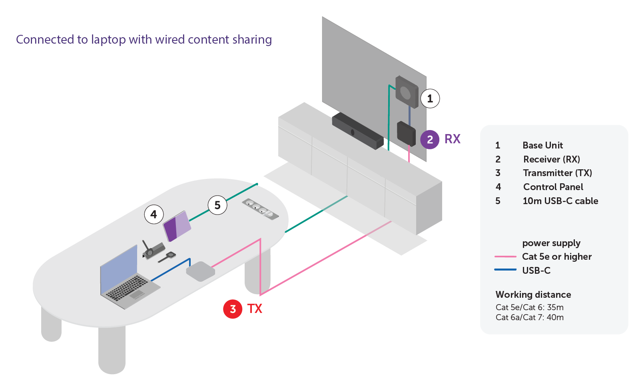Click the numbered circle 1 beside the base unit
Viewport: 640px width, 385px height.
[x=430, y=99]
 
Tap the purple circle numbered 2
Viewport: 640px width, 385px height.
[x=430, y=140]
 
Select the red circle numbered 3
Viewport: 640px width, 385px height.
[x=233, y=309]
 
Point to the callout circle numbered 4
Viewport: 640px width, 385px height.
[x=154, y=214]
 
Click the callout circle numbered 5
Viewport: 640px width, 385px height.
[x=217, y=205]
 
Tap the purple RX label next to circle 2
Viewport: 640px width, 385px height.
[x=453, y=139]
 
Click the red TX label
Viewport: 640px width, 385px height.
[x=255, y=309]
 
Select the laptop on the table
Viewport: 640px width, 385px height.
[x=129, y=277]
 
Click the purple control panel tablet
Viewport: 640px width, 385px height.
[x=177, y=226]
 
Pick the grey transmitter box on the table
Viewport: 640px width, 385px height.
[x=201, y=271]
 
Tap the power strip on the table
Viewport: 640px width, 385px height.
[x=260, y=209]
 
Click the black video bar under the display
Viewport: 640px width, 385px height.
[x=357, y=131]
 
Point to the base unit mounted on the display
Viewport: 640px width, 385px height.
[x=407, y=92]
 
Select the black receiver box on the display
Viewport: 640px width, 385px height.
[x=406, y=134]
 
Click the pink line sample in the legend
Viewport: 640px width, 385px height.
[x=505, y=257]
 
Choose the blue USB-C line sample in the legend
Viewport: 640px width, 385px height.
[x=505, y=270]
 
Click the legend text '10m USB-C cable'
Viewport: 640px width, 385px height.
[x=560, y=201]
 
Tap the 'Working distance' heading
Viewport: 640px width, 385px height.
[x=533, y=295]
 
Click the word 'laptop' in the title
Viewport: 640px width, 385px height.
[x=108, y=40]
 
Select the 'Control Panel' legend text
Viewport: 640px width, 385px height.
[x=553, y=187]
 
